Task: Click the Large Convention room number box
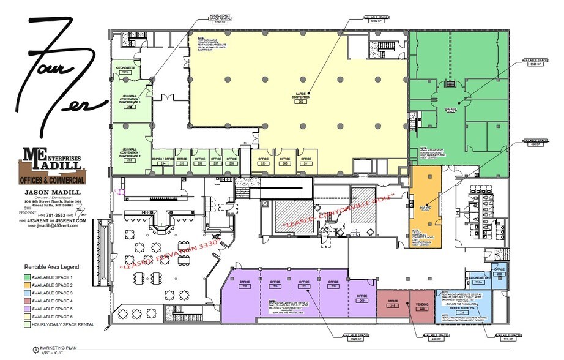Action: click(x=300, y=102)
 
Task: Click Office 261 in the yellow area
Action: click(x=305, y=162)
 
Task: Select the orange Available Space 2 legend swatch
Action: click(x=29, y=285)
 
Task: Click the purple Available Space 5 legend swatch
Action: click(x=29, y=309)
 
